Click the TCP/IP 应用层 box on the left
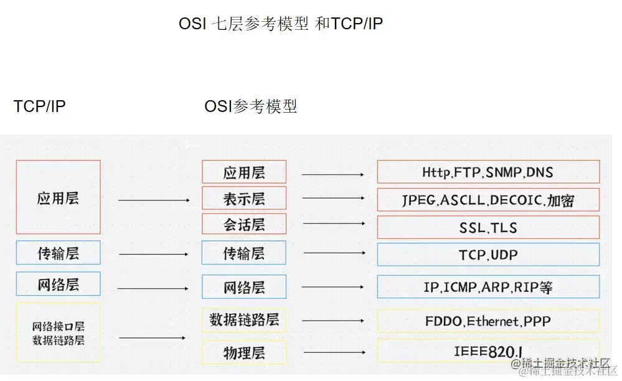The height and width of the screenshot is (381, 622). click(58, 197)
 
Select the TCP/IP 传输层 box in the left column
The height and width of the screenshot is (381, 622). click(58, 253)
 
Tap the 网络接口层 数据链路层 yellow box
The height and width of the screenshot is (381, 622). click(58, 332)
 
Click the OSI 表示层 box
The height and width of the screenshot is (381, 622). click(244, 198)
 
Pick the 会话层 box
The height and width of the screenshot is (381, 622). click(244, 224)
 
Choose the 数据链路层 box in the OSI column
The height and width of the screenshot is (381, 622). click(244, 320)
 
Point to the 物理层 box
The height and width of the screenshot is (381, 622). click(244, 352)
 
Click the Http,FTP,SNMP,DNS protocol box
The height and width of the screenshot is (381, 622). click(488, 172)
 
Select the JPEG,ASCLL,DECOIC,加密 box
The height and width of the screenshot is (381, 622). click(488, 200)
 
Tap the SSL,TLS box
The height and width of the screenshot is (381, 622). click(488, 227)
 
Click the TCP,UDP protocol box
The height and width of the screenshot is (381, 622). click(488, 255)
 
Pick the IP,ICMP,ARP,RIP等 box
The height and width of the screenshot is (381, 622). click(488, 287)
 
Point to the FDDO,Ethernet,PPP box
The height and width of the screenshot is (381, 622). click(488, 321)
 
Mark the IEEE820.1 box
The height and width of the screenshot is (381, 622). click(488, 352)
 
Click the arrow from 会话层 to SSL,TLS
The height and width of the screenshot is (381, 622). click(334, 223)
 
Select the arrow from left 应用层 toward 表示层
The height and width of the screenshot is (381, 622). click(153, 200)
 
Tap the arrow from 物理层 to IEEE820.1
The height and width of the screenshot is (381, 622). click(333, 352)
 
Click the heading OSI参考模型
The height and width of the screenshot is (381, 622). click(250, 106)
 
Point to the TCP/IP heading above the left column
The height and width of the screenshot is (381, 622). click(39, 106)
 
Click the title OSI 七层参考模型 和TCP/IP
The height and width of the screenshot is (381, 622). click(281, 24)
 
